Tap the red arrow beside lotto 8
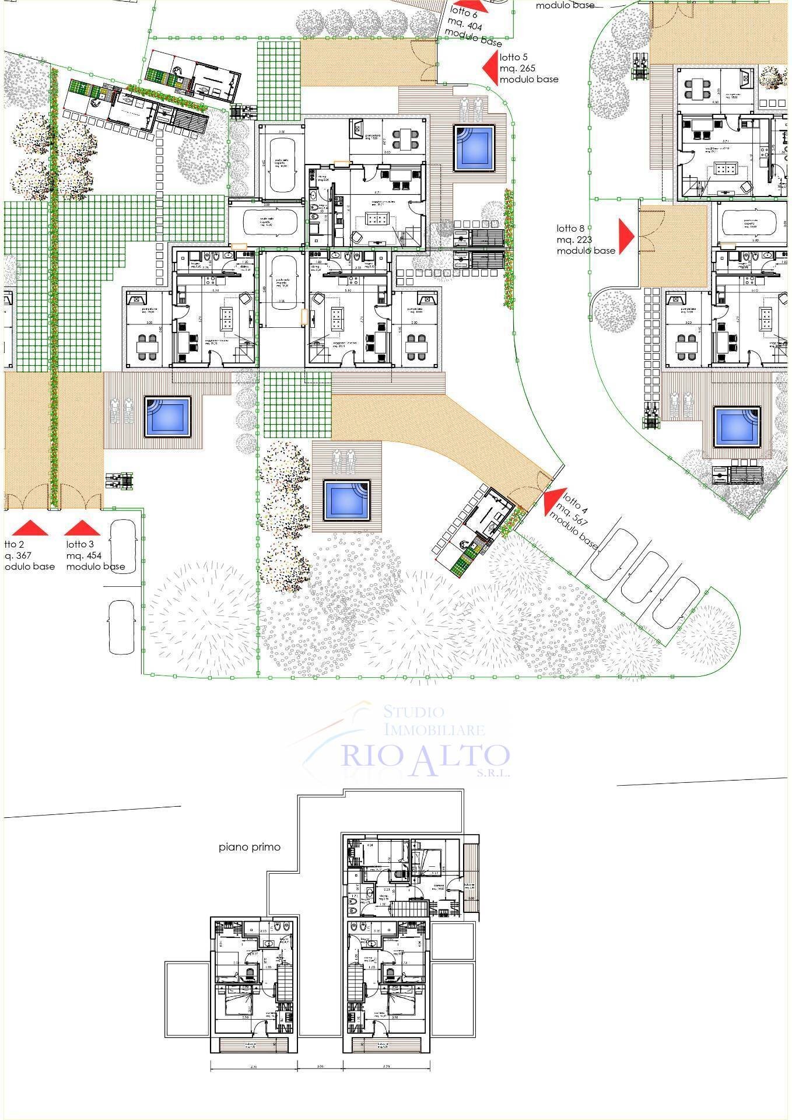click(626, 236)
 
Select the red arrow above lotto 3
click(83, 528)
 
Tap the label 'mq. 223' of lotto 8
click(574, 239)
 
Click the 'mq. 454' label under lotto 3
click(83, 555)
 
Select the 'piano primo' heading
click(250, 847)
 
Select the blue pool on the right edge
click(737, 426)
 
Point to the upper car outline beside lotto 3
click(123, 546)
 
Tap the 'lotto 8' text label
click(570, 229)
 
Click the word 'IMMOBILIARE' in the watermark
click(434, 730)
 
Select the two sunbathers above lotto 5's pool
click(471, 108)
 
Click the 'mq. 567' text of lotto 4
click(574, 513)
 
